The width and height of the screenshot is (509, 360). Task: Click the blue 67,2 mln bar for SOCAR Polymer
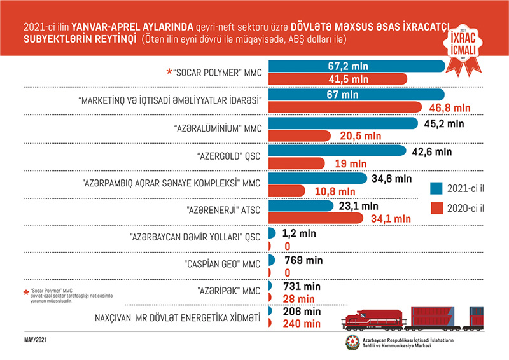(x=356, y=66)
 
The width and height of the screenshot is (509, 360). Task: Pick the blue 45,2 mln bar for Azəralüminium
(x=344, y=123)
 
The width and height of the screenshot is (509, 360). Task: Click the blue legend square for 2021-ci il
(x=437, y=188)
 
